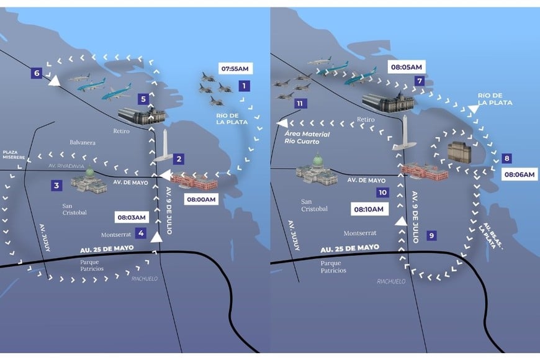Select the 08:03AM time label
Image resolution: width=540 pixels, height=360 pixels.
click(x=132, y=217)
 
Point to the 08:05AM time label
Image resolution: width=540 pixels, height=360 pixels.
click(x=407, y=66)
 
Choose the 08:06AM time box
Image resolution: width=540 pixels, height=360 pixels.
click(x=520, y=175)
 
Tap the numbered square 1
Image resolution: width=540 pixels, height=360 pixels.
click(x=245, y=85)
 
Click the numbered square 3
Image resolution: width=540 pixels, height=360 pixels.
click(x=56, y=185)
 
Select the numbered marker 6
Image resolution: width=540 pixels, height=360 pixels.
click(x=37, y=74)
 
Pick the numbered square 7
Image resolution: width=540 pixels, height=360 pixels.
click(x=420, y=81)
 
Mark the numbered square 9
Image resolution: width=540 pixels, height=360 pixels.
click(x=432, y=235)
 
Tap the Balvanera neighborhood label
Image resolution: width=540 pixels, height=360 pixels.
click(x=83, y=142)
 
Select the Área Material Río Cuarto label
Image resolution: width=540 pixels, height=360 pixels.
click(x=307, y=137)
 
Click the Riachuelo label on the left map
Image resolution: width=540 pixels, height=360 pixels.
click(x=145, y=279)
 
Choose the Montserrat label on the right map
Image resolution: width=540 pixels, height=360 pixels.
click(x=360, y=233)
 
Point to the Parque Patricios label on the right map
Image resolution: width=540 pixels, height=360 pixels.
click(x=335, y=266)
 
